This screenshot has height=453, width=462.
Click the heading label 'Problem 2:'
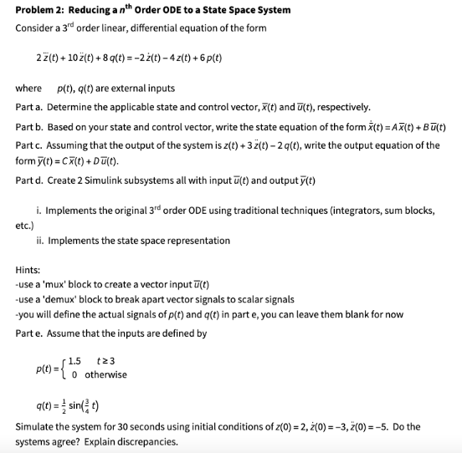(x=40, y=10)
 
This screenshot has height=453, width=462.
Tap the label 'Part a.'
(x=31, y=107)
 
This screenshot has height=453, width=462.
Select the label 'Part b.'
(x=31, y=126)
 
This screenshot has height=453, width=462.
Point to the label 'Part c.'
(x=31, y=145)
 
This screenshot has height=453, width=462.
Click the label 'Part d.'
(x=31, y=181)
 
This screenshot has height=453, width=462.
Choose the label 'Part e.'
(x=31, y=333)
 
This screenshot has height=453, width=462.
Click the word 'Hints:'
(x=28, y=270)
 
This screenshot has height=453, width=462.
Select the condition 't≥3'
(x=105, y=361)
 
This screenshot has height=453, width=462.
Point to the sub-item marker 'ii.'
(x=41, y=241)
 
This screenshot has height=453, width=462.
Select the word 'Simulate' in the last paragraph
(x=34, y=427)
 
